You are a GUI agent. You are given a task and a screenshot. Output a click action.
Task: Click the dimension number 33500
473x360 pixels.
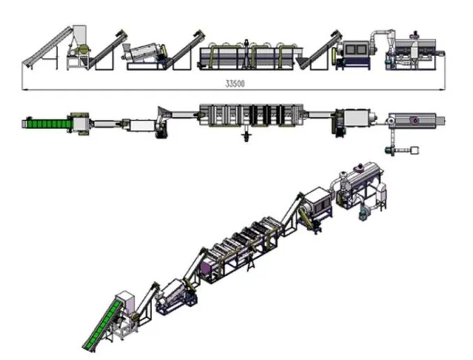pyautogui.click(x=234, y=82)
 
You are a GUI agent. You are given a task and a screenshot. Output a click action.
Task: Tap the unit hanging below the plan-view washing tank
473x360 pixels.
pyautogui.click(x=246, y=135)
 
